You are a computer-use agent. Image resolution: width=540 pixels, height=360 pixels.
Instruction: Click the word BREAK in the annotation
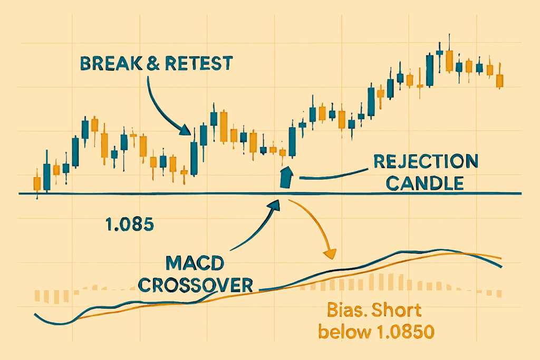(x=111, y=63)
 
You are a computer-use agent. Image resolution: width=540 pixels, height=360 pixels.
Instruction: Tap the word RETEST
(x=199, y=63)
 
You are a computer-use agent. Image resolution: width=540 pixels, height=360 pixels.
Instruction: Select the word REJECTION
(x=426, y=161)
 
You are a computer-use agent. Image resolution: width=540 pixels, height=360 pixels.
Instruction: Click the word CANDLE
(x=425, y=183)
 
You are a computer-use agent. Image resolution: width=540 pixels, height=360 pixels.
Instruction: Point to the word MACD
(x=195, y=264)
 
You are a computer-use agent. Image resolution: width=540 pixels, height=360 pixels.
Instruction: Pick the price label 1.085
(x=130, y=225)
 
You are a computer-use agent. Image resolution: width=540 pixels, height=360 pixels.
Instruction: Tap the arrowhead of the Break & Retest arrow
(x=185, y=130)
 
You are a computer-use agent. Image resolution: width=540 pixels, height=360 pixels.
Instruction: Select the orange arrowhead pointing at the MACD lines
(x=330, y=254)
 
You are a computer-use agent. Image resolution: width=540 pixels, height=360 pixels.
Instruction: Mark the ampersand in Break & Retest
(x=153, y=64)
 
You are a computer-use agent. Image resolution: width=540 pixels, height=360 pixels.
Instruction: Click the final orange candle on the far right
(x=500, y=81)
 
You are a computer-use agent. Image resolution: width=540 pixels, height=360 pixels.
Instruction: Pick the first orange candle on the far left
(x=37, y=183)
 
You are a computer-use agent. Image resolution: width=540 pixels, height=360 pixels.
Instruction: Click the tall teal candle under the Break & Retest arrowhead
(x=194, y=158)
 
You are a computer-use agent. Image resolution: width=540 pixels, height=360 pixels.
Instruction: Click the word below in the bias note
(x=345, y=332)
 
